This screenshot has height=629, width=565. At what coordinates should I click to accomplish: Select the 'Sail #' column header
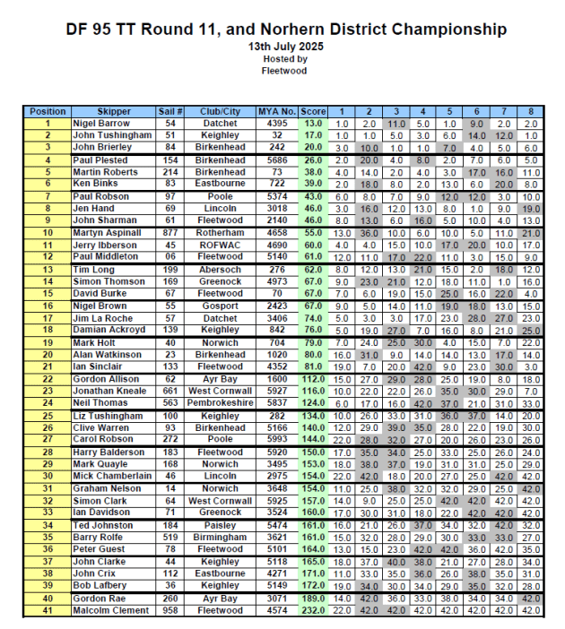(x=170, y=112)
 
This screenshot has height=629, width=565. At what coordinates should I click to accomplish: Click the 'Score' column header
(x=313, y=112)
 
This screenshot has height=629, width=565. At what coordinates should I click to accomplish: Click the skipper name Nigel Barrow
(x=100, y=123)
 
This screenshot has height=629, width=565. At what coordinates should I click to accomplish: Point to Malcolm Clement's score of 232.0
(x=313, y=611)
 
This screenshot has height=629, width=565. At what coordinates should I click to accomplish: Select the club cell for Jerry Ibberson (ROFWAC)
(x=220, y=245)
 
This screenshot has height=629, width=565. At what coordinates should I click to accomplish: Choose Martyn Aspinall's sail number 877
(x=170, y=233)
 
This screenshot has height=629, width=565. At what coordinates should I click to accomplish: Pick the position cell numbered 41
(x=47, y=611)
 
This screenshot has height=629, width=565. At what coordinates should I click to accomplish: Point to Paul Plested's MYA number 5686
(x=276, y=160)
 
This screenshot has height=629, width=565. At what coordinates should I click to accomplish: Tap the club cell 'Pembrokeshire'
(x=220, y=403)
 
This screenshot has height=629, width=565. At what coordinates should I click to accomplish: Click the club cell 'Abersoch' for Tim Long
(x=220, y=270)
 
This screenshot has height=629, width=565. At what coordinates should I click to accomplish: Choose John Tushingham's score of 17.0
(x=313, y=134)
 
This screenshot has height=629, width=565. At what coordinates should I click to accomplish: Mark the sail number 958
(x=170, y=611)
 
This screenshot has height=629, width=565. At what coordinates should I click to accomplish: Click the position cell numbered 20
(x=47, y=355)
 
